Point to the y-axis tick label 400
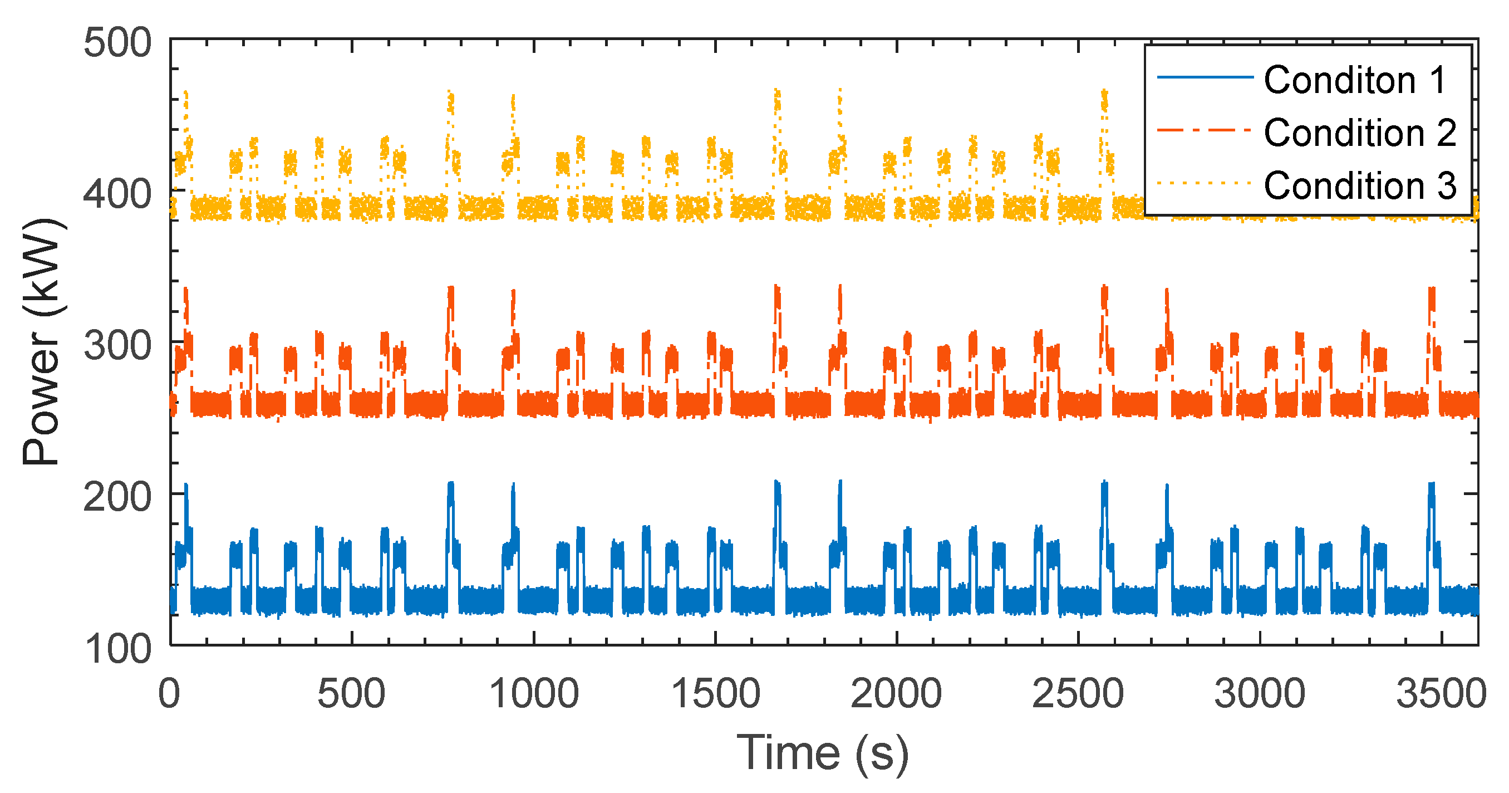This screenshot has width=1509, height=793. [x=117, y=194]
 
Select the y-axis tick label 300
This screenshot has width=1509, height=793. [x=117, y=346]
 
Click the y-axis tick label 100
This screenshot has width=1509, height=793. [x=117, y=649]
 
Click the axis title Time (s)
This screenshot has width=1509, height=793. [x=823, y=753]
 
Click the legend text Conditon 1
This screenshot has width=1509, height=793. [x=1355, y=80]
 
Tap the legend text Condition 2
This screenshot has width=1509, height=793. [x=1360, y=133]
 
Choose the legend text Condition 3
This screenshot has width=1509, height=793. [x=1360, y=185]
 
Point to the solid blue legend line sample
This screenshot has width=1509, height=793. [x=1205, y=77]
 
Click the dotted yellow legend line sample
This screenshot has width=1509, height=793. [x=1205, y=183]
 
